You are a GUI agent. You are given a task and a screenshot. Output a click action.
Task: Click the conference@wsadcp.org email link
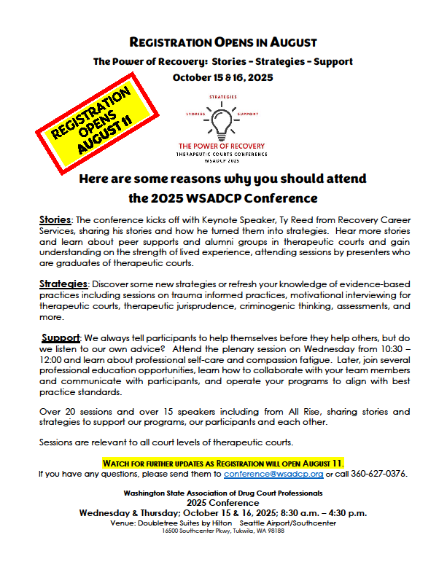pyautogui.click(x=273, y=474)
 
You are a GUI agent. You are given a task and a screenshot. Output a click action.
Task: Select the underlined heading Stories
pyautogui.click(x=55, y=219)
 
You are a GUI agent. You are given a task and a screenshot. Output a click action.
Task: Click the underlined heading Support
pyautogui.click(x=61, y=338)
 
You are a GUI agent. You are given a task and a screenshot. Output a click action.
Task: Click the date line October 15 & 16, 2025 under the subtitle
pyautogui.click(x=222, y=77)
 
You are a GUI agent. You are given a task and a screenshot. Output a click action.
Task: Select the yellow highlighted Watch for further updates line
pyautogui.click(x=222, y=463)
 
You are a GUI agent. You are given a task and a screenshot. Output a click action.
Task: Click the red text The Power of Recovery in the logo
pyautogui.click(x=222, y=146)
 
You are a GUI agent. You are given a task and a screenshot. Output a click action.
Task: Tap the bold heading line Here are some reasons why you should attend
pyautogui.click(x=222, y=179)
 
